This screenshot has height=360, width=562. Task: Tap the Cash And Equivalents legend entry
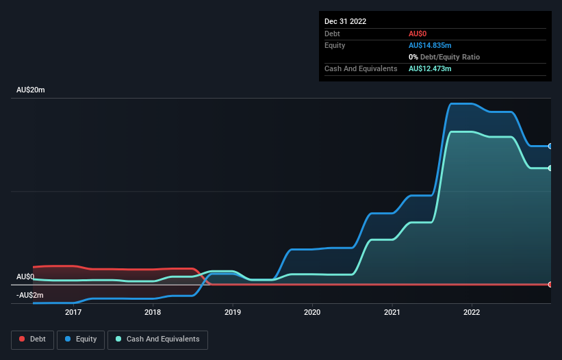(x=157, y=339)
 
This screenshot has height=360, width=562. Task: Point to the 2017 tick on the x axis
(x=73, y=312)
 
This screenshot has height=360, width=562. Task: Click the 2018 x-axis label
(x=153, y=312)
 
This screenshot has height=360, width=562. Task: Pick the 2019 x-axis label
(x=233, y=312)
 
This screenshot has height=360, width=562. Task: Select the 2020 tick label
(x=312, y=312)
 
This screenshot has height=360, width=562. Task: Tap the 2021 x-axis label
(x=392, y=312)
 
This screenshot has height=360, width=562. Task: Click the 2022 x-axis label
(x=472, y=312)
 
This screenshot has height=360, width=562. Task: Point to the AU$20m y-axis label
(x=30, y=90)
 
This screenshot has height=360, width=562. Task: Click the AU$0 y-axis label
(x=25, y=277)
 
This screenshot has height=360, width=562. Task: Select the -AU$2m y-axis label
(x=29, y=295)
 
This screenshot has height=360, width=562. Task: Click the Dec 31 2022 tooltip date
(x=345, y=21)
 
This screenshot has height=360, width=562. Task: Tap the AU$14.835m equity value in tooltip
(x=430, y=45)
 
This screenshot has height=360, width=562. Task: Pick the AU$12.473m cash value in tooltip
(x=430, y=68)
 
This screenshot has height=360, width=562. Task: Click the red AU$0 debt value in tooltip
(x=418, y=34)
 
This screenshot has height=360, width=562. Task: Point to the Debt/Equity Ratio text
(x=448, y=57)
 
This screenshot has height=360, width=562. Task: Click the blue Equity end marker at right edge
(x=550, y=146)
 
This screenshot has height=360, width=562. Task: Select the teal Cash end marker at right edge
(x=550, y=168)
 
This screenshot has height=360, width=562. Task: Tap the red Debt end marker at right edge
(x=550, y=284)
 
